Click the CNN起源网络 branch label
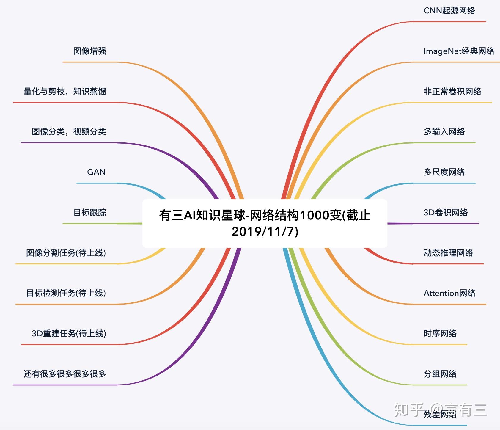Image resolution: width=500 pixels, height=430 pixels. [x=449, y=11]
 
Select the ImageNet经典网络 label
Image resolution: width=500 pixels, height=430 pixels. [x=459, y=51]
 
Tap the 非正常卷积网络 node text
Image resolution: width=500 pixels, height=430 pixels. [x=452, y=92]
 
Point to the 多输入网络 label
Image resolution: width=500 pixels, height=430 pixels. [x=444, y=132]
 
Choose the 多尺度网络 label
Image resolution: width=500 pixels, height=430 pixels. [x=444, y=172]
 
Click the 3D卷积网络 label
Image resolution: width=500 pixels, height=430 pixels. [x=445, y=213]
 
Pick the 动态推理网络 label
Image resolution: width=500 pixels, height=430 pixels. [x=448, y=253]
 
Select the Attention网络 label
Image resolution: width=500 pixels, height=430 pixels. [x=449, y=293]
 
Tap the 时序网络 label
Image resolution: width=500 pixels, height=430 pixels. [x=440, y=334]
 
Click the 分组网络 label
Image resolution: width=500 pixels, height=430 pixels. [x=440, y=374]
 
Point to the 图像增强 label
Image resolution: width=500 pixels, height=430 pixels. [x=89, y=51]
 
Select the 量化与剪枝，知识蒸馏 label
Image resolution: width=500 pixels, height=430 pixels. [x=65, y=92]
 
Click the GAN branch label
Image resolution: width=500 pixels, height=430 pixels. [x=96, y=172]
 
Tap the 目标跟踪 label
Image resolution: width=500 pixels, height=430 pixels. [x=89, y=213]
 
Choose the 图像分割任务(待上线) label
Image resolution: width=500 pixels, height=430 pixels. [x=66, y=253]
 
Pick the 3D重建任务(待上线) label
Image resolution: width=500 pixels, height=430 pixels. [x=69, y=334]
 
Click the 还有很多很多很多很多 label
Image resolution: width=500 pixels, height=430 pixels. [x=65, y=374]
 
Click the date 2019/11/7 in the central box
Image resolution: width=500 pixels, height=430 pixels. [x=265, y=232]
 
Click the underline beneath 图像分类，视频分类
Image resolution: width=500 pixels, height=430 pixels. [x=68, y=143]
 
